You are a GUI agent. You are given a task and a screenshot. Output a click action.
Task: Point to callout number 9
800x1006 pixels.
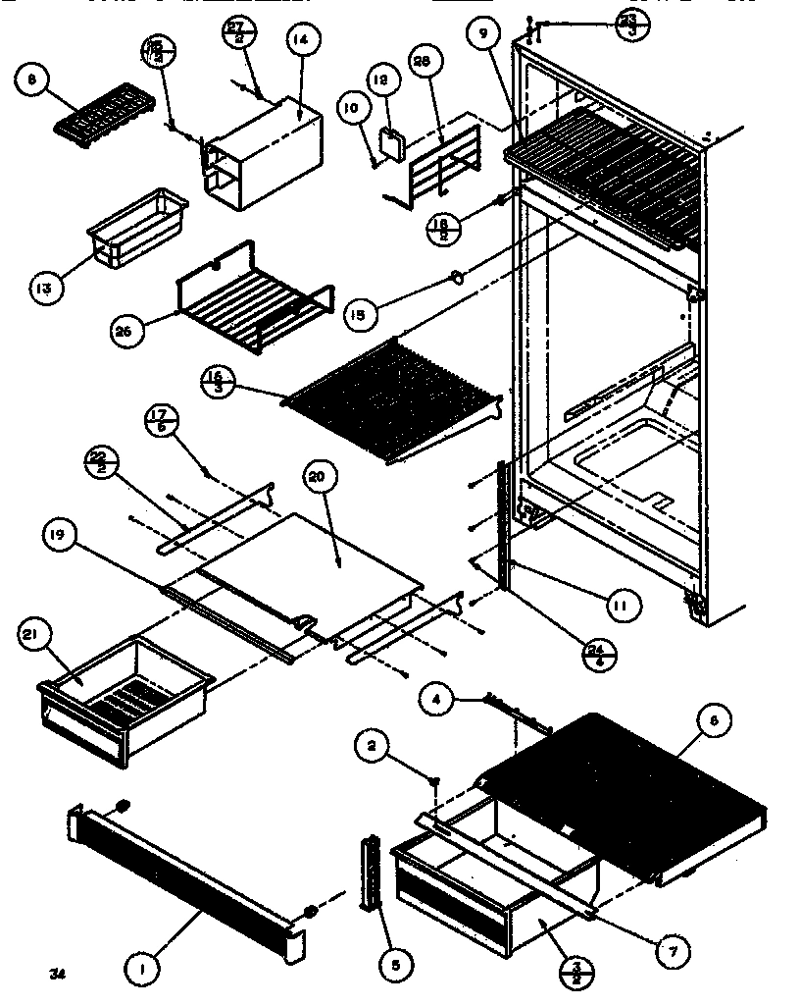coord(483,34)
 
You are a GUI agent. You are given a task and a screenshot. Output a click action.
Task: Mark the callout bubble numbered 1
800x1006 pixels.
coord(142,971)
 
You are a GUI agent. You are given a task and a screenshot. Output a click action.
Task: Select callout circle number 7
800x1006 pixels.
coord(678,951)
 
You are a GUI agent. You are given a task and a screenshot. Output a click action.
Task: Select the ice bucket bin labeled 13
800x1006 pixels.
coord(137,229)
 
